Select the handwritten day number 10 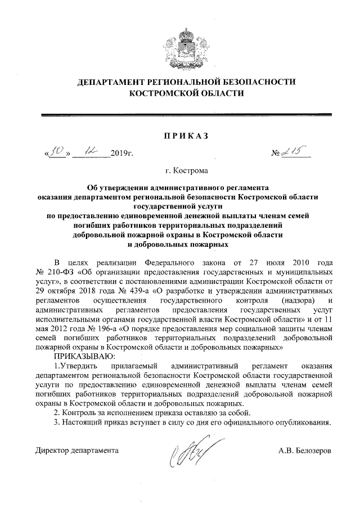coord(56,151)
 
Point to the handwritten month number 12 coord(90,150)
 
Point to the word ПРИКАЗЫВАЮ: coord(84,357)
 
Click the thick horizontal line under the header coord(187,115)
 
